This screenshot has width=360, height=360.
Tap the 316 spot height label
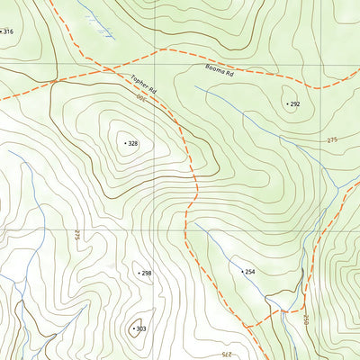coord(9,31)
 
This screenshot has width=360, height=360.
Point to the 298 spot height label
coord(147,273)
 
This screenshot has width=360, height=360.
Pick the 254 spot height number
coord(250,271)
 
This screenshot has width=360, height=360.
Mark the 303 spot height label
coord(141,328)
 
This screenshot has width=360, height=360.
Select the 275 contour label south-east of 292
coord(332,139)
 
